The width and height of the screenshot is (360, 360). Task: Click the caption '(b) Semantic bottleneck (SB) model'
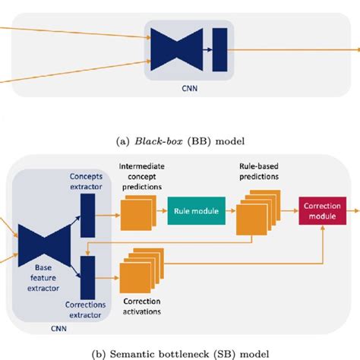[x=181, y=352]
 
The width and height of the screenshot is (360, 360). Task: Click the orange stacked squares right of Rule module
[x=254, y=215]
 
